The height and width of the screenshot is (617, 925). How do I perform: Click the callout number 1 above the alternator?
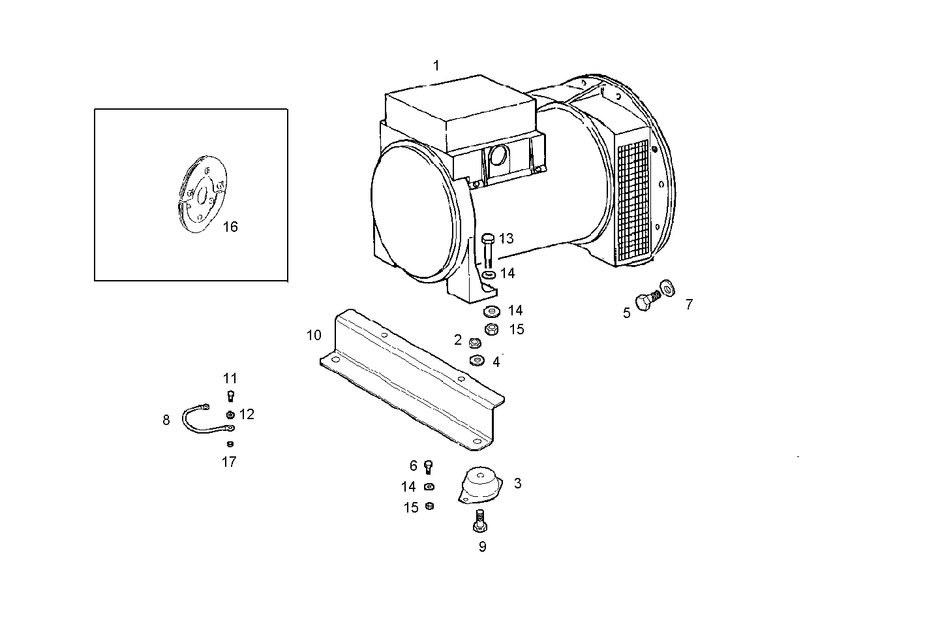click(x=436, y=66)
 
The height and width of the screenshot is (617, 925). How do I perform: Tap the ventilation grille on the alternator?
click(x=633, y=201)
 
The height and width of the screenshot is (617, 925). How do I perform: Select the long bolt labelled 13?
click(x=488, y=251)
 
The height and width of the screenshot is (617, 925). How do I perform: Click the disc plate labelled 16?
click(x=203, y=194)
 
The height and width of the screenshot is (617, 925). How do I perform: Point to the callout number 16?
click(x=230, y=227)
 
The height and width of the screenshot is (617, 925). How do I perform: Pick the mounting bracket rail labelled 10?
click(x=412, y=379)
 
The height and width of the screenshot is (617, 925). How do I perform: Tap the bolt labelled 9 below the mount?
click(x=480, y=521)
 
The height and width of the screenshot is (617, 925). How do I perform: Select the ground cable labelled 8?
click(x=202, y=419)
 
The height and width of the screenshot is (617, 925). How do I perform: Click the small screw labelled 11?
click(x=231, y=396)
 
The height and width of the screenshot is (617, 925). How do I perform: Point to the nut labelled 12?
click(x=230, y=415)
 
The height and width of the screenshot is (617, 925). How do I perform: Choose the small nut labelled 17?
click(x=230, y=444)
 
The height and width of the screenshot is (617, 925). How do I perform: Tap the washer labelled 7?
click(x=667, y=288)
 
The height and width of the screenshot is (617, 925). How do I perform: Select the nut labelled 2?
click(x=475, y=343)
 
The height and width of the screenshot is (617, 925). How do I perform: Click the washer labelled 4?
click(x=478, y=361)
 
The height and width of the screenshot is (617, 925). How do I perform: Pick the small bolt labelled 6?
click(x=428, y=467)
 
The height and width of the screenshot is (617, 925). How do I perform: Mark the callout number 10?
click(x=314, y=335)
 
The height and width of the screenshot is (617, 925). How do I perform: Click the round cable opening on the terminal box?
click(x=499, y=157)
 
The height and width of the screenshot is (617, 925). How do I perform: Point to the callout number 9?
click(x=482, y=546)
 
